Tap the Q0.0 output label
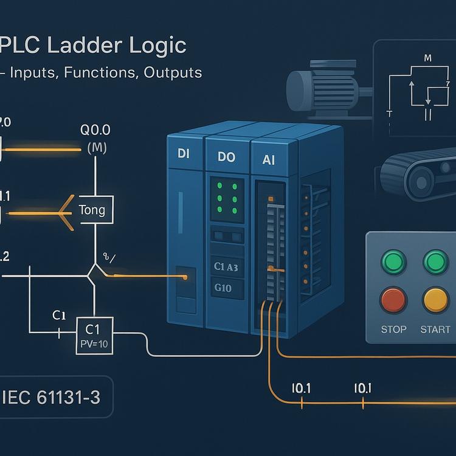coord(95,131)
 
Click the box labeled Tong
coord(92,211)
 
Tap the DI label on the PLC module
coord(184,154)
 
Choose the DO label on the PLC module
coord(226,157)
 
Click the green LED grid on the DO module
coord(226,198)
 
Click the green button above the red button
coord(393,262)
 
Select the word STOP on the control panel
coord(393,330)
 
